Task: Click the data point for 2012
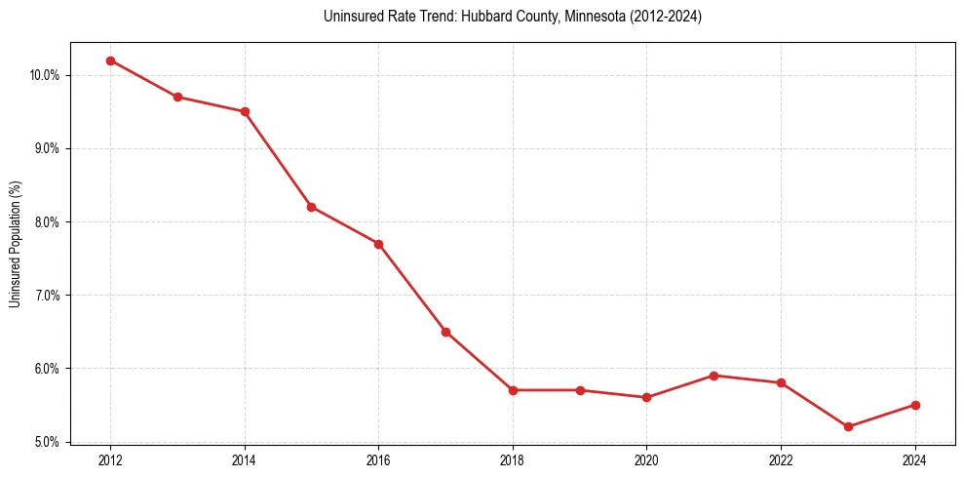click(x=110, y=60)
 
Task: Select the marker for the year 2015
click(x=311, y=207)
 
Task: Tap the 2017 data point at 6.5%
click(x=445, y=332)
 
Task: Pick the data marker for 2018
click(x=513, y=390)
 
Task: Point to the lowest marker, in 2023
click(x=848, y=426)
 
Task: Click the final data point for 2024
click(x=915, y=405)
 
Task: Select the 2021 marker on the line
click(x=713, y=376)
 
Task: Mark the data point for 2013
click(x=177, y=97)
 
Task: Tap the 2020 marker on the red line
click(x=646, y=397)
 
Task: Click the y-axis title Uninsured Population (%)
click(x=15, y=243)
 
